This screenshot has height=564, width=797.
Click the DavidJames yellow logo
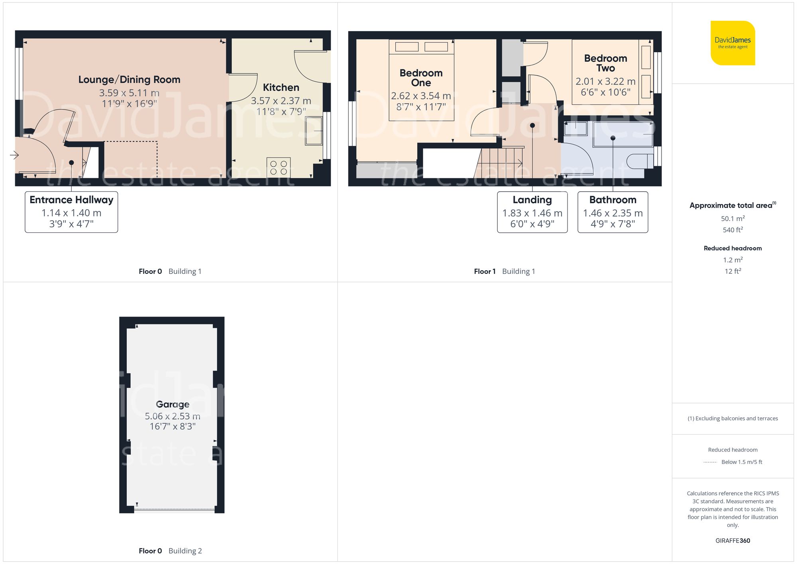coord(732,43)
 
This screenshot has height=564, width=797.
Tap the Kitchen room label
coord(281,88)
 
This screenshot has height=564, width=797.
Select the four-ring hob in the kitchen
coord(278,167)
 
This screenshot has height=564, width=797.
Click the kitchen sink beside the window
coord(314,131)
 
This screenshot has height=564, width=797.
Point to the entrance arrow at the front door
coord(14,155)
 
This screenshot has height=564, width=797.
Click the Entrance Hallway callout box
coord(71,212)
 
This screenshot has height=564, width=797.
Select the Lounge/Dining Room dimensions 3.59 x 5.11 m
coord(129,93)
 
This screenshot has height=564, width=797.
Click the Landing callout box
coord(532,212)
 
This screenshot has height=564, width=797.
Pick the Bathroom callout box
coord(612,212)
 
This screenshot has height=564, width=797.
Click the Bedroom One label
coord(421,78)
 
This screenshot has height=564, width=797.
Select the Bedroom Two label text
coord(605,63)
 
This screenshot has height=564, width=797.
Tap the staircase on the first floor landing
coord(502,163)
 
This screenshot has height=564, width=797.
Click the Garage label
coord(173,404)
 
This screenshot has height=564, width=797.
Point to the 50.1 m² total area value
coord(732,218)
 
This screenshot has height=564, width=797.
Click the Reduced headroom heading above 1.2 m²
coord(732,248)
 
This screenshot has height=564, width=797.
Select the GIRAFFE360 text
coord(732,540)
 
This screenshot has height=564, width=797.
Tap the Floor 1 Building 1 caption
coord(504,271)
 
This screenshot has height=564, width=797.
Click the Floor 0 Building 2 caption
coord(170,551)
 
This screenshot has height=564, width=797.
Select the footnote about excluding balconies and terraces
coord(732,418)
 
